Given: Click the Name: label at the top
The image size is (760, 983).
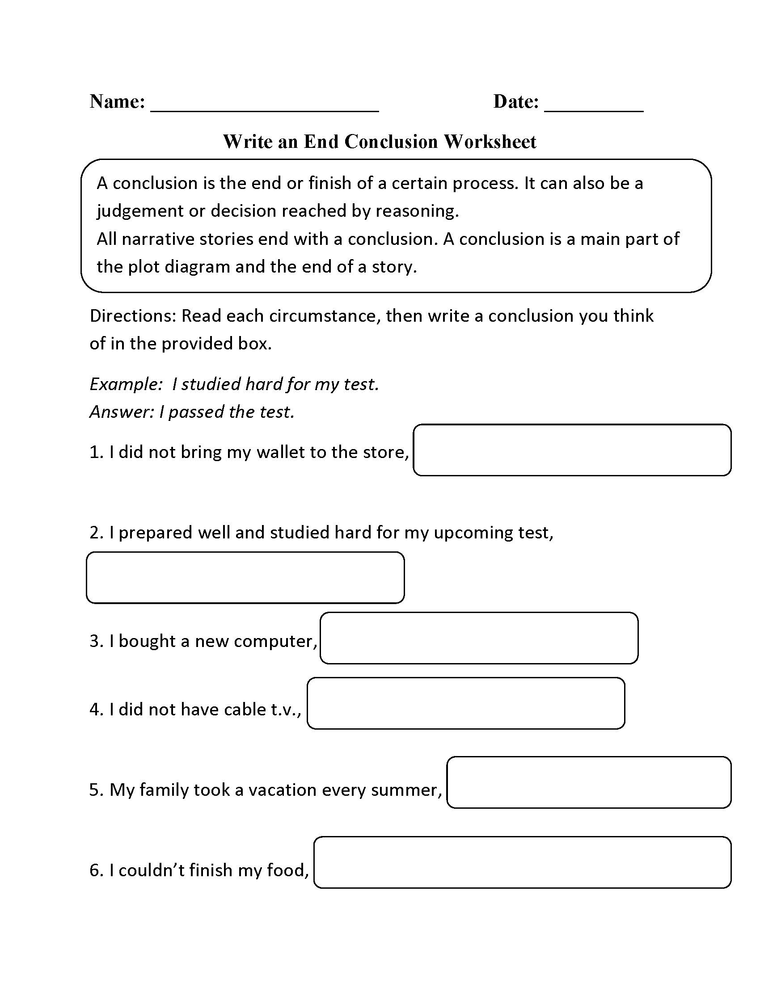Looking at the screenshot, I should pyautogui.click(x=117, y=102).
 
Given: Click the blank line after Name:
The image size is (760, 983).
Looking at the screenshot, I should pyautogui.click(x=264, y=108).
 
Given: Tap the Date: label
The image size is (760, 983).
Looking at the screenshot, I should pyautogui.click(x=515, y=102).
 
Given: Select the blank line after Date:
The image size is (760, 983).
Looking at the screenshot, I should pyautogui.click(x=593, y=108).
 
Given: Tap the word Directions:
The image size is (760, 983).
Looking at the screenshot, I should pyautogui.click(x=133, y=316).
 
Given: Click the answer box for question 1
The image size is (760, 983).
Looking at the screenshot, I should pyautogui.click(x=572, y=449).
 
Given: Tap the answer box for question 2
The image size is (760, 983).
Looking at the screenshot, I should pyautogui.click(x=245, y=577).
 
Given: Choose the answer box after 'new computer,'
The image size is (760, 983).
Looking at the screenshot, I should pyautogui.click(x=479, y=638).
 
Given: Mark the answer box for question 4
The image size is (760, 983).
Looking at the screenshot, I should pyautogui.click(x=465, y=703).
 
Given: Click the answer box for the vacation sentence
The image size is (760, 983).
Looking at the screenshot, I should pyautogui.click(x=588, y=782).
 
